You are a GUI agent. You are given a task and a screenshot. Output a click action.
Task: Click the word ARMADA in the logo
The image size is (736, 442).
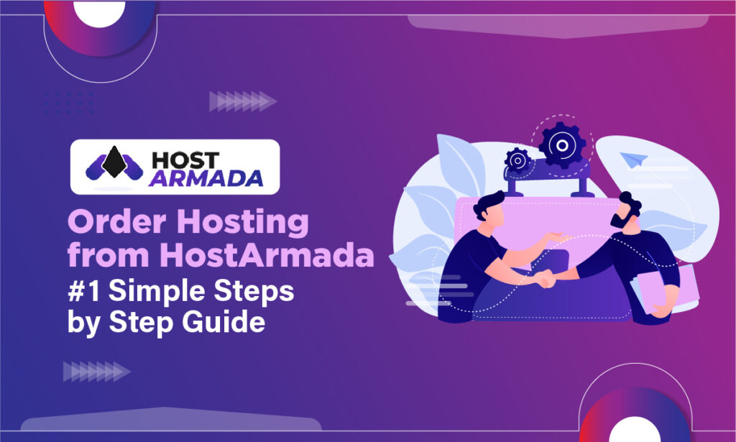[206, 178]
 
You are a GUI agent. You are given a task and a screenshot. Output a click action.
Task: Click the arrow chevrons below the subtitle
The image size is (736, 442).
[97, 372]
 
